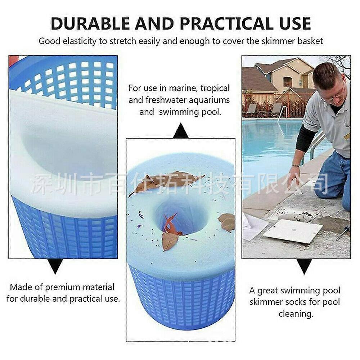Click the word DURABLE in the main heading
90,24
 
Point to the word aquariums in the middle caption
209,100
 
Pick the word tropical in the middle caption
215,89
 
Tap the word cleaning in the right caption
296,314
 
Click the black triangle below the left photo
55,266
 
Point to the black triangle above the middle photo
181,131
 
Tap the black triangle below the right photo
304,266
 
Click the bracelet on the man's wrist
296,165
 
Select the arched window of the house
288,81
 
